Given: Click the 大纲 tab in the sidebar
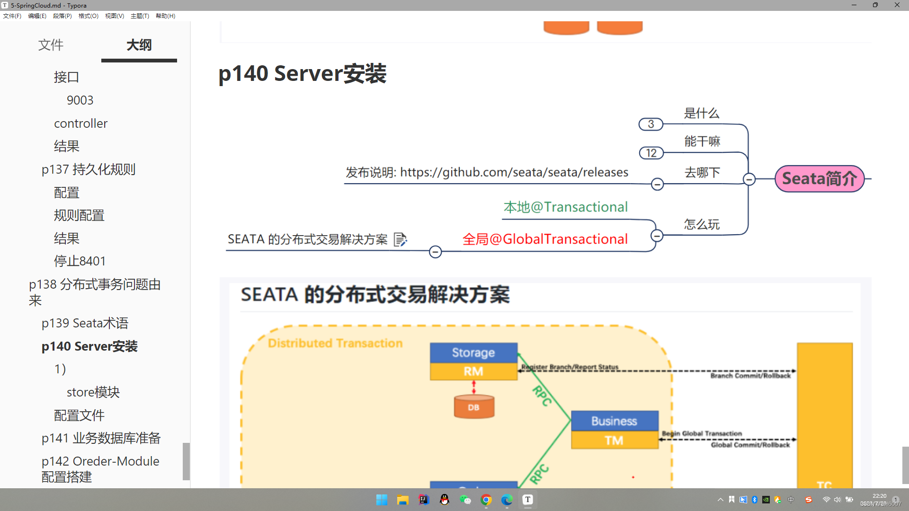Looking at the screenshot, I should click(x=139, y=45).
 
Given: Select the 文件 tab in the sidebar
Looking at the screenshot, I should click(x=51, y=45).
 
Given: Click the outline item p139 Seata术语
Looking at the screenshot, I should click(x=85, y=323).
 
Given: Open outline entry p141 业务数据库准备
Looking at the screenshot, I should click(x=101, y=438).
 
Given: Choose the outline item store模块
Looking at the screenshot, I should click(x=93, y=392).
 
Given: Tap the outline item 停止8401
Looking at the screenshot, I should click(x=80, y=261).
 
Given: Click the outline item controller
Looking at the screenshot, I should click(x=80, y=123).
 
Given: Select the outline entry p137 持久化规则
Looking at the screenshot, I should click(x=89, y=169).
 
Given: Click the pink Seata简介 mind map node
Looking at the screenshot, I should click(x=820, y=179).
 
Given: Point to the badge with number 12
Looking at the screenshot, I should click(x=651, y=153).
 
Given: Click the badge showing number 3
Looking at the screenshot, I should click(x=651, y=124).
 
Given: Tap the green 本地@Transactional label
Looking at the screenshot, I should click(x=565, y=207).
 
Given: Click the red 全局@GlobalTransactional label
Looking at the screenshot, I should click(x=545, y=239).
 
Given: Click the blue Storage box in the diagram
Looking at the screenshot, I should click(x=473, y=352).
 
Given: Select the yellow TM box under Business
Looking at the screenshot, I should click(x=614, y=441).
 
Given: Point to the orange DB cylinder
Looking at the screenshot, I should click(x=473, y=407).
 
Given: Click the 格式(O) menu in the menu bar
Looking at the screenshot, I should click(x=88, y=16).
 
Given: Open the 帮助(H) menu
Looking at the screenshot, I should click(x=165, y=16).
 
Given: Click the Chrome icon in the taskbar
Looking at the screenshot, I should click(x=486, y=500).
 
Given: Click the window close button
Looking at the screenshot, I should click(x=897, y=5).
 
